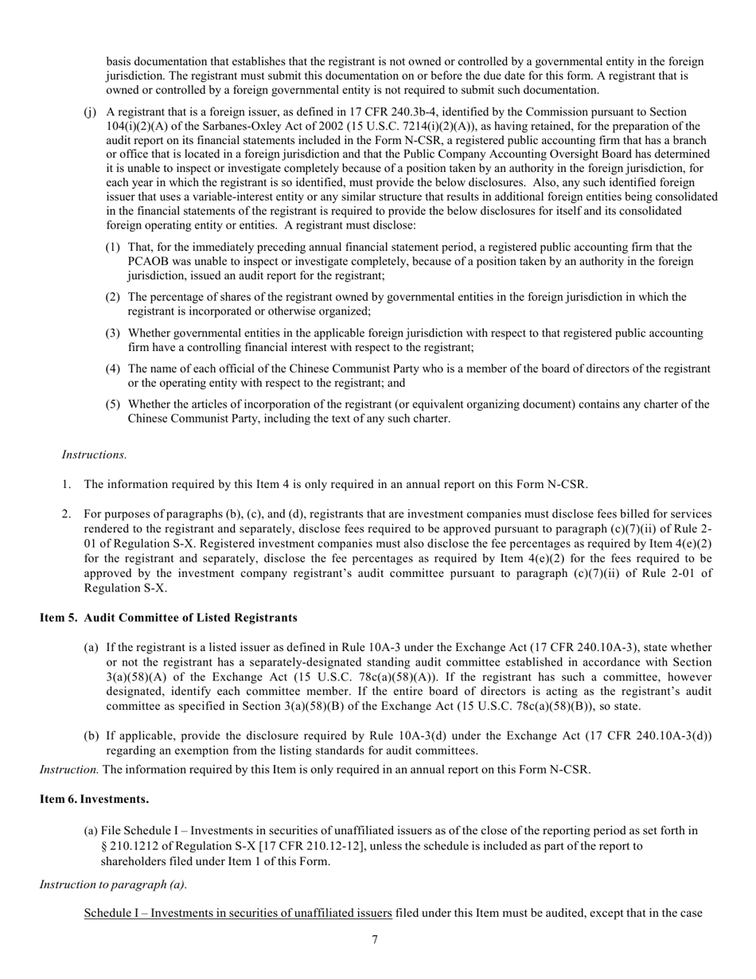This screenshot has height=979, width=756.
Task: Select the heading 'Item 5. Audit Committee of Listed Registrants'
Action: (x=169, y=618)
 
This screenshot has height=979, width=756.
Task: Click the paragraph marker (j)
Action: (x=90, y=112)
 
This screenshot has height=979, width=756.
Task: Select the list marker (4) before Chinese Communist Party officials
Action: (x=113, y=369)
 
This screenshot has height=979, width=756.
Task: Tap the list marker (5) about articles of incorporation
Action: (x=113, y=404)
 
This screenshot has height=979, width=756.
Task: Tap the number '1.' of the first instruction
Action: (x=67, y=484)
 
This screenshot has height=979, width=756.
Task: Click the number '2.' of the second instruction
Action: (x=67, y=514)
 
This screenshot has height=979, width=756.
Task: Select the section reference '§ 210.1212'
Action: (x=132, y=845)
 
